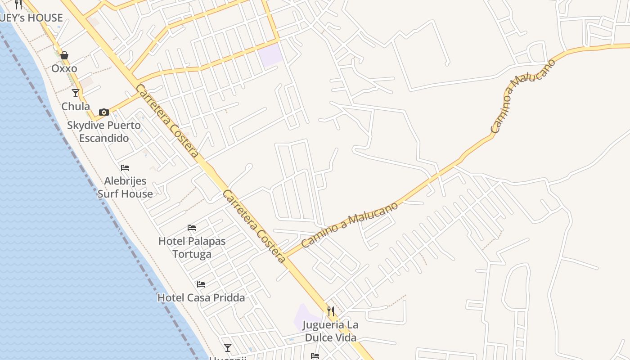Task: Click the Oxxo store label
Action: coord(64,68)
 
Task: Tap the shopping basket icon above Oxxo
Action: coord(64,55)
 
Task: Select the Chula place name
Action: coord(76,107)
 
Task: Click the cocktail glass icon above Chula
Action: coord(76,93)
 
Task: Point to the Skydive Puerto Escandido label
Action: coord(104,131)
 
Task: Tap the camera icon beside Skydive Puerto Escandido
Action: coord(104,112)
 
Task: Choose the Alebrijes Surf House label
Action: coord(125,187)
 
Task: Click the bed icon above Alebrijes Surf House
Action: coord(125,168)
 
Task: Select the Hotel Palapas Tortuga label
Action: coord(192,247)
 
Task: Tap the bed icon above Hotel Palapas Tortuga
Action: coord(192,228)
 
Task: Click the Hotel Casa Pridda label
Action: coord(201,297)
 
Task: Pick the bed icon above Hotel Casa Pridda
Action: coord(201,284)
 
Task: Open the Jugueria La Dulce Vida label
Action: coord(331,331)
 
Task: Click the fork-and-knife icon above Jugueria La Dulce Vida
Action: coord(331,311)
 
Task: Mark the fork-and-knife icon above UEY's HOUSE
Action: coord(18,4)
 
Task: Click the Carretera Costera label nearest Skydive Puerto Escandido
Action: coord(167,121)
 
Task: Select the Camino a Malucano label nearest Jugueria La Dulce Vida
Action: coord(350,225)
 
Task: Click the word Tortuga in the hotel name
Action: coord(192,254)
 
